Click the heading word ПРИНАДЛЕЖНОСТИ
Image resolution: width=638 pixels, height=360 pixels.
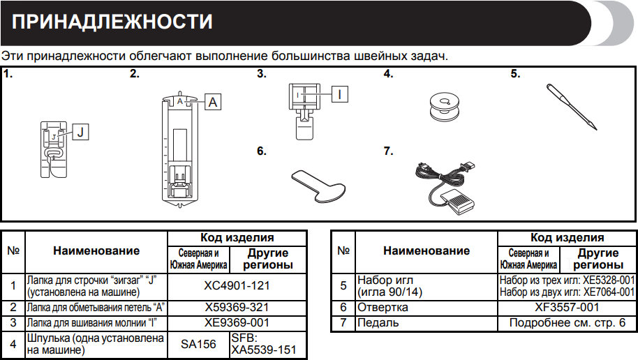point(112,22)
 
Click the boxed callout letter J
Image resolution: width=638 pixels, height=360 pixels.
point(80,130)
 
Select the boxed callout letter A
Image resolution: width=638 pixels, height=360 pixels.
point(212,102)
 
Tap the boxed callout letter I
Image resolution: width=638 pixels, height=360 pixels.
point(339,93)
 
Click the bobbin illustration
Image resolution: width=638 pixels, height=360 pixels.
point(442,103)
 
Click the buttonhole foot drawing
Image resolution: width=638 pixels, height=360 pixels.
point(180,150)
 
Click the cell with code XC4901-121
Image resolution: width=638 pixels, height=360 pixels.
point(237,285)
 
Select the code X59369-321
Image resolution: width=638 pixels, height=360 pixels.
point(237,307)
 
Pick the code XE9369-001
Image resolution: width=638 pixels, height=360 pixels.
point(237,322)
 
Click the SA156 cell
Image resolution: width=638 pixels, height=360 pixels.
point(198,344)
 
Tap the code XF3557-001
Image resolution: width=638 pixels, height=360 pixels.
point(567,307)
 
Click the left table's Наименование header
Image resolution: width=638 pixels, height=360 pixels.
point(96,251)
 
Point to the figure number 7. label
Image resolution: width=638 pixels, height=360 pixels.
point(388,149)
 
